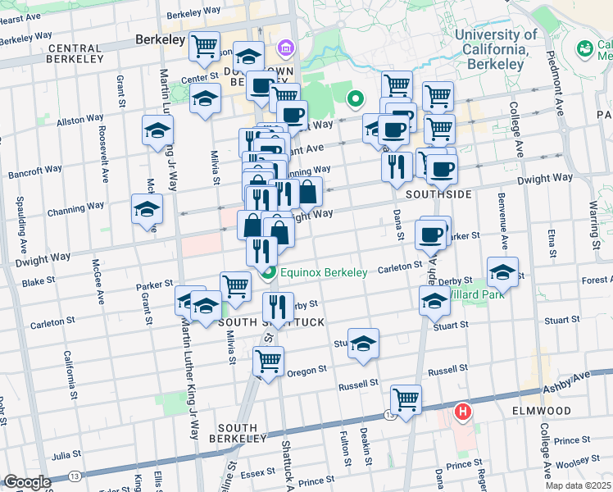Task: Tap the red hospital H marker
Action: click(x=463, y=411)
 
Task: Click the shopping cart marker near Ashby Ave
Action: click(x=406, y=399)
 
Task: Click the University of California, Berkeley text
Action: click(x=496, y=49)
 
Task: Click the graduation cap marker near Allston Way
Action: click(x=157, y=130)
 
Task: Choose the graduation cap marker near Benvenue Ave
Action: click(x=502, y=271)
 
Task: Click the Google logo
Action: click(x=27, y=483)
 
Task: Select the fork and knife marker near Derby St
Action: click(x=278, y=307)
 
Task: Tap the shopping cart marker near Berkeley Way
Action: click(x=204, y=46)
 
